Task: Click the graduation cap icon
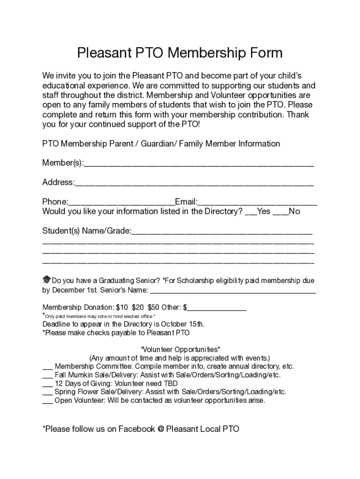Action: coord(46,280)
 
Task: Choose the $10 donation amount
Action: coord(122,307)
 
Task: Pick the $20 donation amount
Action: coord(138,307)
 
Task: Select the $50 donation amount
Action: coord(153,307)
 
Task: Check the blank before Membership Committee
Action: coord(47,368)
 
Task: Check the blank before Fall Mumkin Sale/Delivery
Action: coord(47,376)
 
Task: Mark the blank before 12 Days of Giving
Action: coord(47,385)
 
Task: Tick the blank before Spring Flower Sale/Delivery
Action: coord(47,393)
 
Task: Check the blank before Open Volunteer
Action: coord(47,402)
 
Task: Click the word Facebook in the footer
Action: coord(136,429)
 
